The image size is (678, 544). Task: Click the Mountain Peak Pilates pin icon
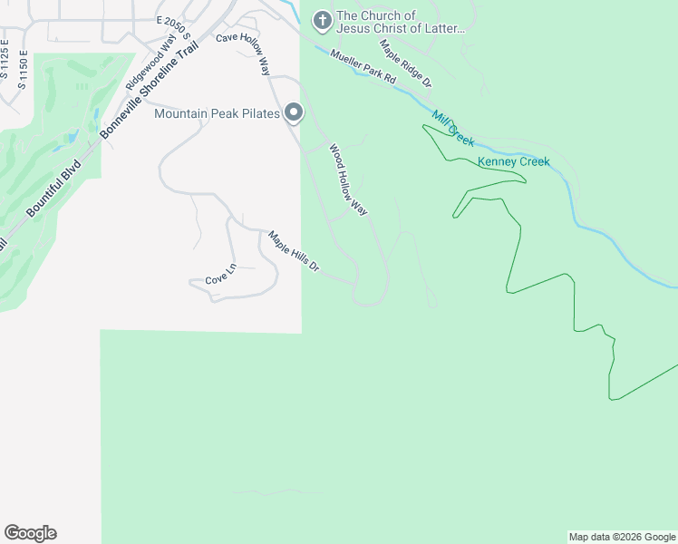coord(294,113)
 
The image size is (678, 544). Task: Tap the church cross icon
coord(322,19)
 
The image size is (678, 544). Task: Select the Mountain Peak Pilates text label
coord(218,113)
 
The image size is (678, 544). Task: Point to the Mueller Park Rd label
coord(363,67)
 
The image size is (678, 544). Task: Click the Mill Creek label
coord(453,129)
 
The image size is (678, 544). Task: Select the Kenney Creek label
coord(513,162)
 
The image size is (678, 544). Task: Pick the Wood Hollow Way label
coord(348,180)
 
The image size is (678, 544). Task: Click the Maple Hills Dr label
coord(294,251)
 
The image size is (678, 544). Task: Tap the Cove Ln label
coord(220,279)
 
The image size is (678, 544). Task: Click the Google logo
coord(30,533)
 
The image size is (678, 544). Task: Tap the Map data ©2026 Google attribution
coord(622,537)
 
